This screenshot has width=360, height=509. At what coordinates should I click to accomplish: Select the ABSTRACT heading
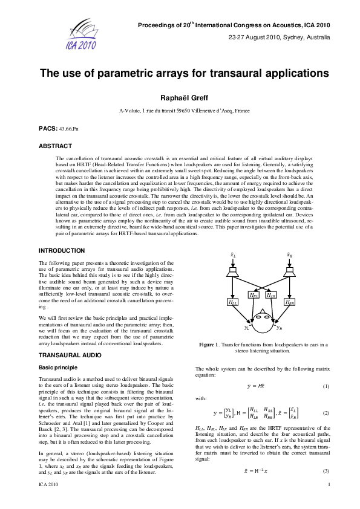(55, 146)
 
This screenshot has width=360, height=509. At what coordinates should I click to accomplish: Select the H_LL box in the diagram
(232, 302)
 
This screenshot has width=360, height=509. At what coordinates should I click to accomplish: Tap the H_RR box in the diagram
(290, 302)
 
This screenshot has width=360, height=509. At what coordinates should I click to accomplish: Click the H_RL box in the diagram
(255, 296)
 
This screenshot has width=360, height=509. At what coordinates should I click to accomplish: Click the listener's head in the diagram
(262, 320)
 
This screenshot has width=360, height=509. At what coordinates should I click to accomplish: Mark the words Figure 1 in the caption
(211, 344)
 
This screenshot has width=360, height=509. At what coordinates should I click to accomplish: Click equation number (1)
(326, 386)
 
